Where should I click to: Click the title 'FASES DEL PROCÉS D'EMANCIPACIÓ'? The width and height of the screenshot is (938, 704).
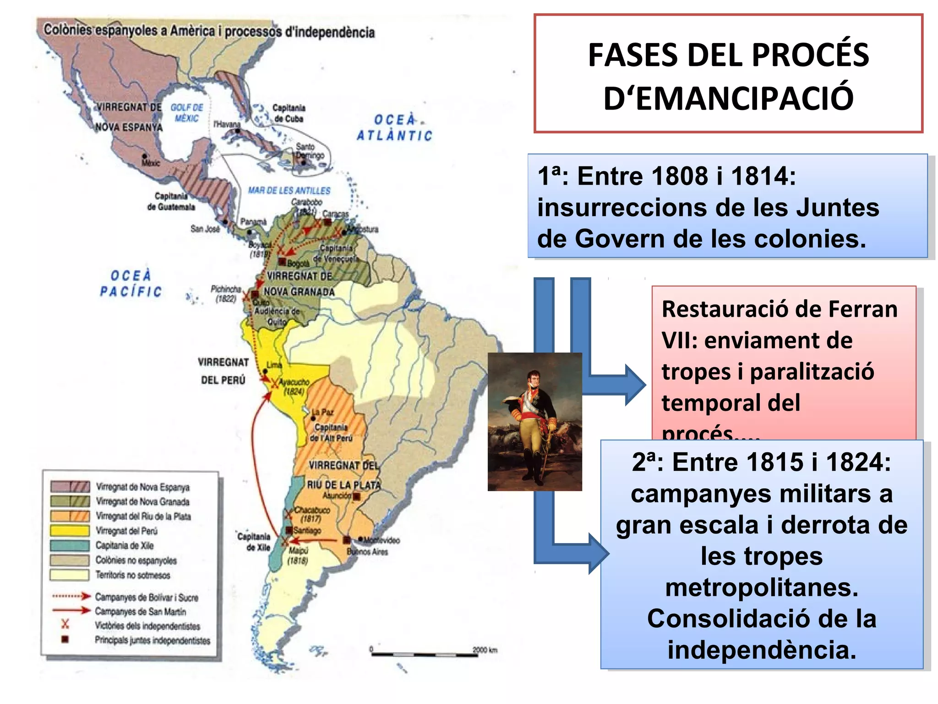728,76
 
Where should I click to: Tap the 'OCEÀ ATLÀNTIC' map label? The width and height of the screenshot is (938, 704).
394,127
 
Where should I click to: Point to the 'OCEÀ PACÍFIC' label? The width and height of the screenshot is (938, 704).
131,283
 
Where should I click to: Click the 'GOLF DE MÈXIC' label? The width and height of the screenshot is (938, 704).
187,113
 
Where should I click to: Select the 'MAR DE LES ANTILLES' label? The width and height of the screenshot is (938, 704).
289,190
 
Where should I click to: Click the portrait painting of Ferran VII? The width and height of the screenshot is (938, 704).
534,422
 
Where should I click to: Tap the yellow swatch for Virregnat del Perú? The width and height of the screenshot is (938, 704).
70,531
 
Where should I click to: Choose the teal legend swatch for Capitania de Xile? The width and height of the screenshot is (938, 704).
70,545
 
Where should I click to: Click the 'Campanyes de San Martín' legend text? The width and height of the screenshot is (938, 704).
140,611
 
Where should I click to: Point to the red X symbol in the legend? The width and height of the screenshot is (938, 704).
65,624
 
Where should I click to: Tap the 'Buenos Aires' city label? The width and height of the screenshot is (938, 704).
367,552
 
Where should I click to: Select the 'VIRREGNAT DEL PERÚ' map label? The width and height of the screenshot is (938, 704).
223,371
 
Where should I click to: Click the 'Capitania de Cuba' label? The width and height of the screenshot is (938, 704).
289,113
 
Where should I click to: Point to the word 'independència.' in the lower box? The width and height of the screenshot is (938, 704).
762,650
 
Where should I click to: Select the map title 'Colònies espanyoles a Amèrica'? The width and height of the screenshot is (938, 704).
129,30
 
